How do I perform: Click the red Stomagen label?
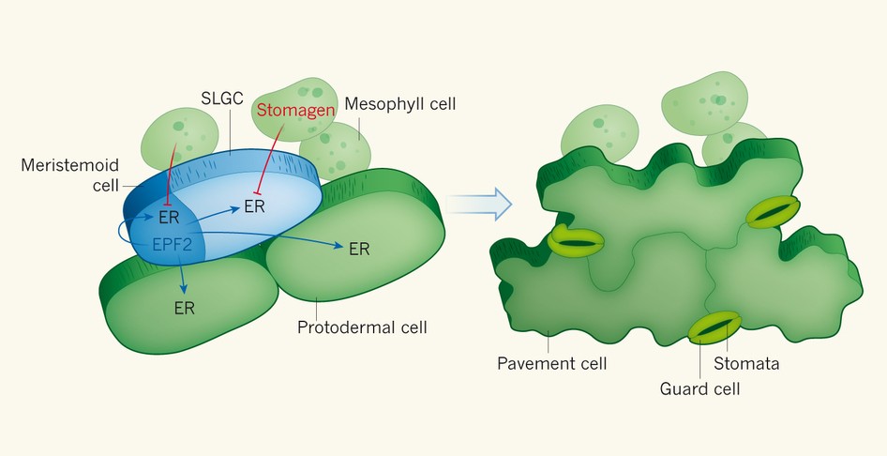click(x=293, y=110)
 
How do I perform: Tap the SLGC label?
click(x=222, y=97)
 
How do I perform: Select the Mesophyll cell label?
click(x=400, y=104)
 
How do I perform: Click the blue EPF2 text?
click(x=173, y=246)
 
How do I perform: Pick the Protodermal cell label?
click(x=362, y=328)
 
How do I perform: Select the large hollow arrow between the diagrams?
click(x=477, y=202)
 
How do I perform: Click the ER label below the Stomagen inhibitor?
click(x=254, y=206)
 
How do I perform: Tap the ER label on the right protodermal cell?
click(x=358, y=250)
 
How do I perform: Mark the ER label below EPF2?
click(x=184, y=309)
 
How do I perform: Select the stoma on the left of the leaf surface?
click(x=576, y=241)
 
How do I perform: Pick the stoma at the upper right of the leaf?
click(x=773, y=212)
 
